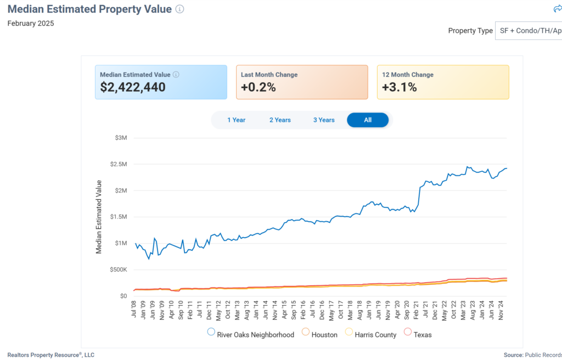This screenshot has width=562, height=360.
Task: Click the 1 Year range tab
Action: tap(236, 120)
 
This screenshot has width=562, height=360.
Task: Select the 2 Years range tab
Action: tap(280, 120)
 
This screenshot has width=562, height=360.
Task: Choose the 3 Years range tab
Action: tap(324, 120)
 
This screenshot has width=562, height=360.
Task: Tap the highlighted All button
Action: tap(368, 120)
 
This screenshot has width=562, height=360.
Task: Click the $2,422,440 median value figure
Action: tap(133, 87)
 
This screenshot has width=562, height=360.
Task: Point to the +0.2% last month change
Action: tap(258, 87)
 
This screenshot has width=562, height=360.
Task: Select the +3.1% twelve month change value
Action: tap(400, 87)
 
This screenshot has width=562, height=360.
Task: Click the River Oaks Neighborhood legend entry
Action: tap(251, 334)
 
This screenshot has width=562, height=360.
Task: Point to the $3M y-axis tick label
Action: tap(121, 138)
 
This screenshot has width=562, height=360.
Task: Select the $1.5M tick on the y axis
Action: tap(119, 217)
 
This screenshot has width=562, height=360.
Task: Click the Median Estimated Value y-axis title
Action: tap(99, 217)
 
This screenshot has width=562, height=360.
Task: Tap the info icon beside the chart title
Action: tap(179, 9)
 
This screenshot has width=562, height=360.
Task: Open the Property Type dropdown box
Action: tap(529, 31)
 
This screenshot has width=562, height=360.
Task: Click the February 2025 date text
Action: tap(31, 24)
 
